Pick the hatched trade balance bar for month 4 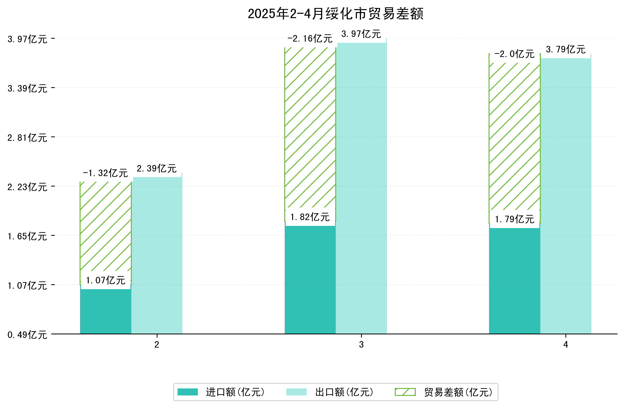514,136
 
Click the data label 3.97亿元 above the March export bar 361,34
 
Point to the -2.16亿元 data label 310,39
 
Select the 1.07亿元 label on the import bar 105,280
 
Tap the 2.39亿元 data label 157,168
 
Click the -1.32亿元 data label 105,173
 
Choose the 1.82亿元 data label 310,217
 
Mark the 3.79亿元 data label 565,50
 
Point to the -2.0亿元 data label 514,54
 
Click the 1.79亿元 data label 514,219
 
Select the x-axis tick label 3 361,345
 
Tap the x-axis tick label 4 565,345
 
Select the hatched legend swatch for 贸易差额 405,392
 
